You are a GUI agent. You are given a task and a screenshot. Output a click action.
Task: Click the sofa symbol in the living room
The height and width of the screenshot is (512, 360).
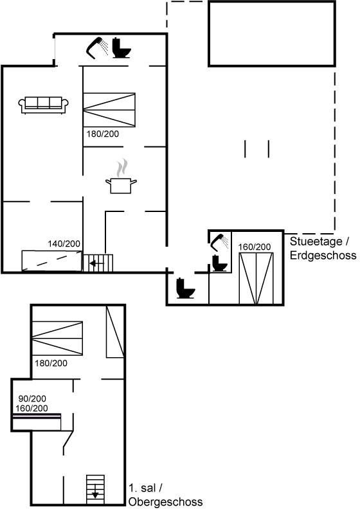pos(44,105)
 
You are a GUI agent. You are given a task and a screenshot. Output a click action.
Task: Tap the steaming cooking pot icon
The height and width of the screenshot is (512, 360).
pos(121,177)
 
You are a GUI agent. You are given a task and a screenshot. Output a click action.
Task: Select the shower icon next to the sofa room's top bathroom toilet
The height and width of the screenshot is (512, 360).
pos(97,48)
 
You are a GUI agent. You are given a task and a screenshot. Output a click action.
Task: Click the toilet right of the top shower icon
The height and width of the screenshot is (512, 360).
pos(122,48)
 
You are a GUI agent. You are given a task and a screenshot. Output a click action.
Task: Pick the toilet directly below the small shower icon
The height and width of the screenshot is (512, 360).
pos(219,263)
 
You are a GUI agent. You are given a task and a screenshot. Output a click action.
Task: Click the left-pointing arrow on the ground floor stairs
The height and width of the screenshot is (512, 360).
pos(96,263)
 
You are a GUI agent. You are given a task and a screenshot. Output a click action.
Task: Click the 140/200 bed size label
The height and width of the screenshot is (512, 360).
pos(64,243)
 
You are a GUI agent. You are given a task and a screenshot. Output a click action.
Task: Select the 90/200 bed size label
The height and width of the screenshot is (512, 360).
pos(32,398)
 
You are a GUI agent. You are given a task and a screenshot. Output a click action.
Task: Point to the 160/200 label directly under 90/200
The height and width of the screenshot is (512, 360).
pos(32,408)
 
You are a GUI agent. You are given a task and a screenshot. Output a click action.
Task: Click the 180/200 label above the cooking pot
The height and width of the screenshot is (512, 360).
pos(103,134)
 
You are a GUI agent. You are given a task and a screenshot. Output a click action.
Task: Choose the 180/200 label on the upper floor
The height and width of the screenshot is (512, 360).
pos(51,363)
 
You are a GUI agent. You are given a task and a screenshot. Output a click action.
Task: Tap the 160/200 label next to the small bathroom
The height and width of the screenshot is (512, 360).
pos(255,247)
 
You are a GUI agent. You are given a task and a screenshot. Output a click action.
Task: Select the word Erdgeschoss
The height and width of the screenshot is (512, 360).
pos(323,255)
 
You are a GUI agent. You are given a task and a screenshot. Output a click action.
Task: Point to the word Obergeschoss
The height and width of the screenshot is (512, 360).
pos(166,502)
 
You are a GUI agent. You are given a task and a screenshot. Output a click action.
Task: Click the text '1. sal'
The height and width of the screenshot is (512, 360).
pos(142,488)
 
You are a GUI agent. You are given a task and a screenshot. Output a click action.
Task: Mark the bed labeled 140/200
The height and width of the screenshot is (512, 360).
pos(51,261)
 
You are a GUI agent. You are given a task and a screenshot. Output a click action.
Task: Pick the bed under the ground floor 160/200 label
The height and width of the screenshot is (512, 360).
pos(256,278)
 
